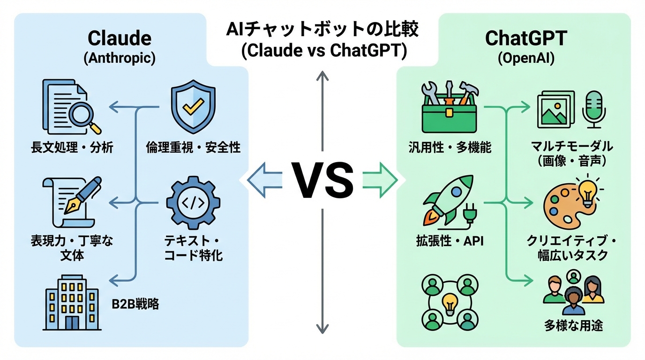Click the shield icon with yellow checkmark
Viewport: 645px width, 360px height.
193,107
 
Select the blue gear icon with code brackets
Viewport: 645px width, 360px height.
193,203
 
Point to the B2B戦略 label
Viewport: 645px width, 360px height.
135,304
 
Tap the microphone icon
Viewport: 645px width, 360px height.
594,108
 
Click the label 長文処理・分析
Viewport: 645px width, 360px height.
72,148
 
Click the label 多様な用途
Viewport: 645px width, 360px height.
573,325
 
